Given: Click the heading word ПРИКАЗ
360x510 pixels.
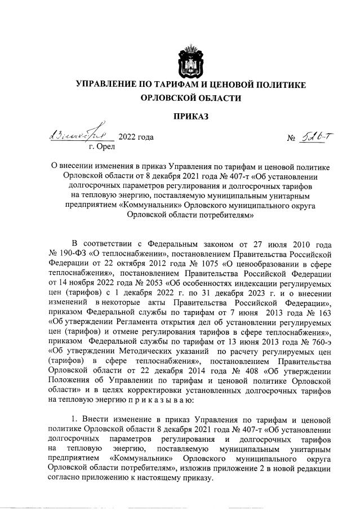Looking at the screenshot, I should (191, 117).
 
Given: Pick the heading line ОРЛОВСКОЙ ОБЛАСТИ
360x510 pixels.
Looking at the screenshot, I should (191, 98).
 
